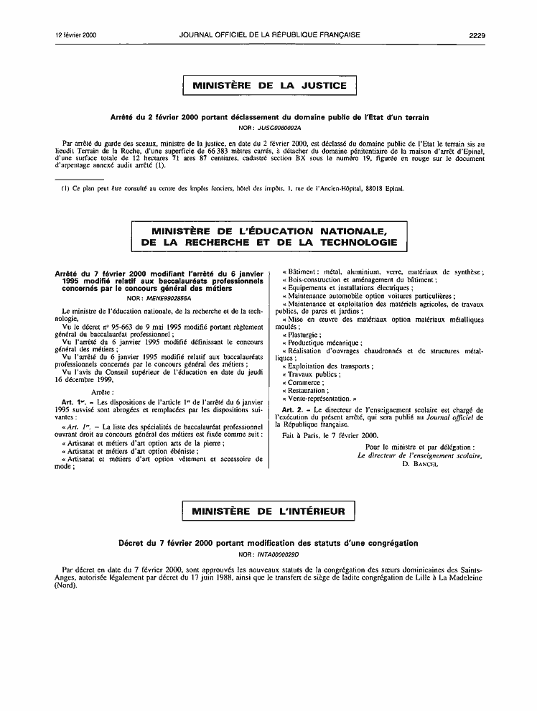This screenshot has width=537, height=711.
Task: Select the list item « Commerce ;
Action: [304, 381]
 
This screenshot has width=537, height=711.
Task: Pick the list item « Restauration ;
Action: [308, 390]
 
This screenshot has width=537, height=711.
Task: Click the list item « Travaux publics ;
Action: [312, 373]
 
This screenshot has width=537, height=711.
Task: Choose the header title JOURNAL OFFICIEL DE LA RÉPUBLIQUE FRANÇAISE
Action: [269, 34]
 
